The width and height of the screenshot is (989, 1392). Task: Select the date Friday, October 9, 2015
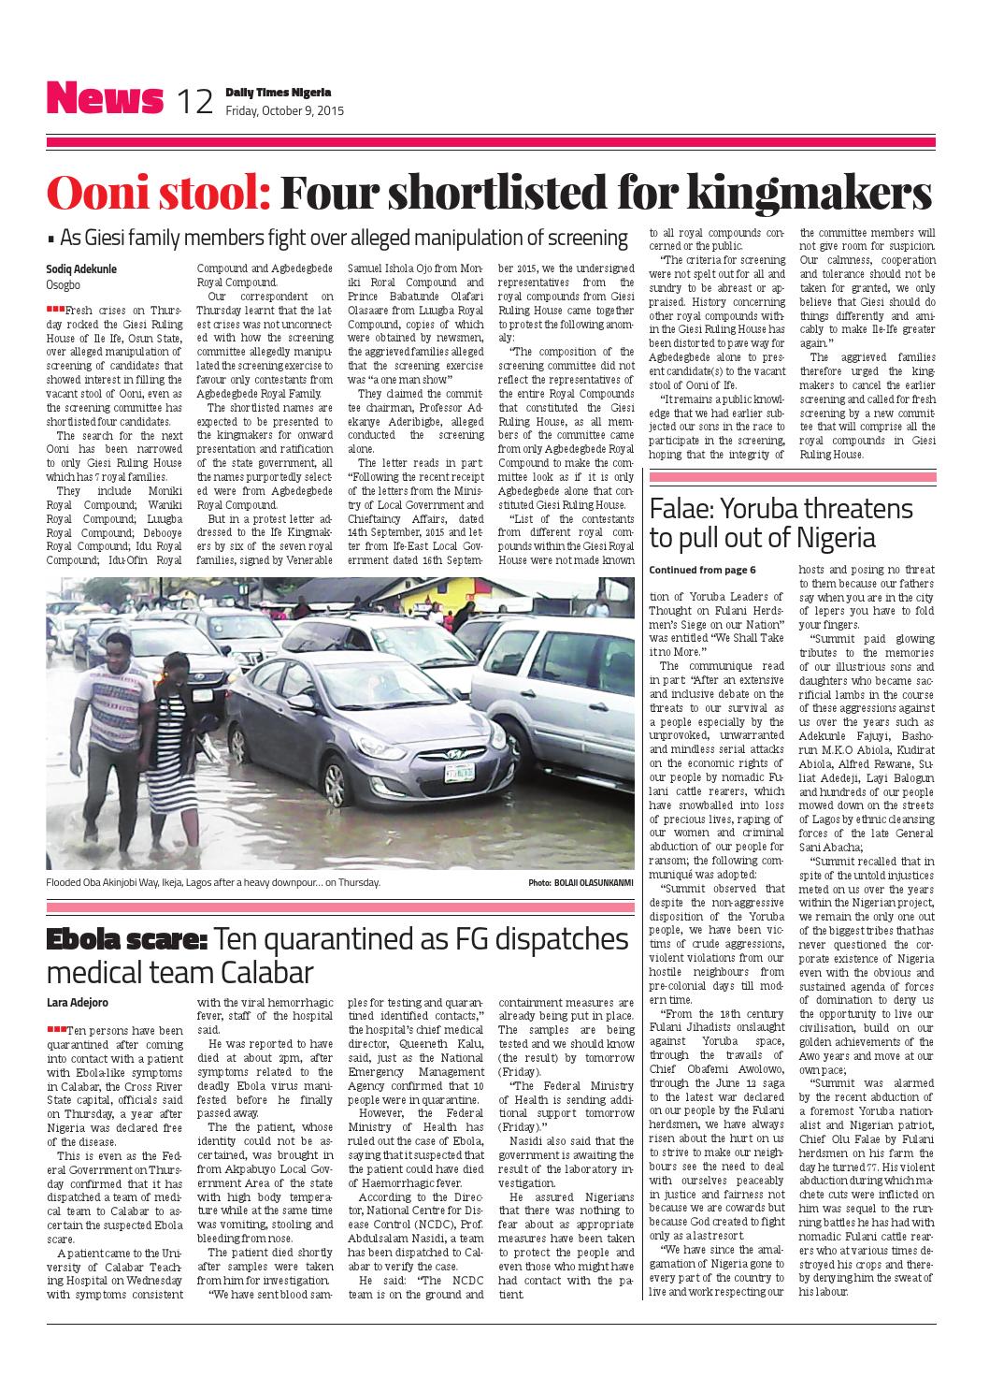pos(284,110)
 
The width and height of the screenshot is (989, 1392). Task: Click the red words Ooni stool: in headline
pos(159,194)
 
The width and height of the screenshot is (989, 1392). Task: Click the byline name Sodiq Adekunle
pos(81,268)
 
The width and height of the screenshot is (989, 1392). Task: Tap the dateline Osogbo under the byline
pos(63,284)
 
